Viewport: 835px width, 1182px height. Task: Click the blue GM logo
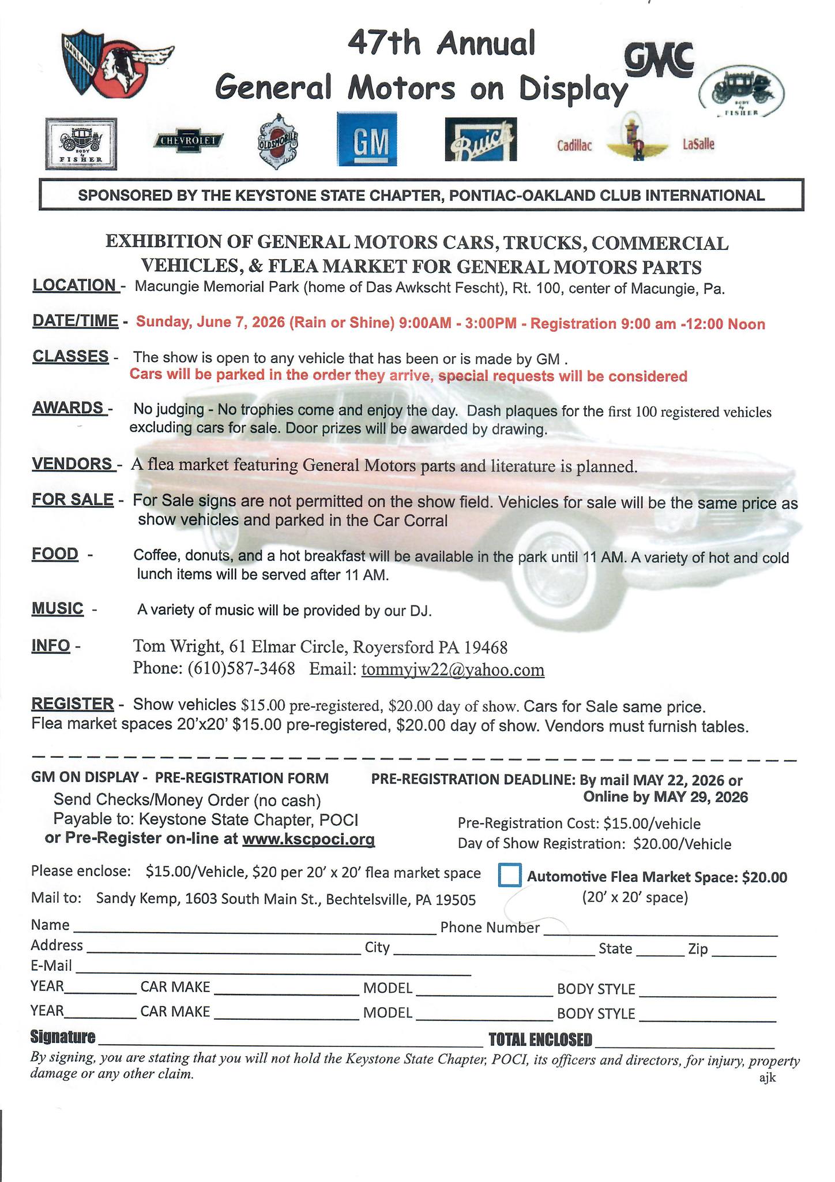point(367,140)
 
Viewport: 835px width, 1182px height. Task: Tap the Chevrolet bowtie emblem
point(188,140)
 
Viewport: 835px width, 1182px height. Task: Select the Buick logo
point(481,140)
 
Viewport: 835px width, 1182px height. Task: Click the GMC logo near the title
point(659,59)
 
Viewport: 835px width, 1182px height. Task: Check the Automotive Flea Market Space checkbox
point(509,874)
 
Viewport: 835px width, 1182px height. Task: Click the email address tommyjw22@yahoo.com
point(453,670)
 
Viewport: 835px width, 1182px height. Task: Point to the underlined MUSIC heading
point(57,609)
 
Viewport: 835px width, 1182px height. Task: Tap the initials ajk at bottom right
point(768,1078)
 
